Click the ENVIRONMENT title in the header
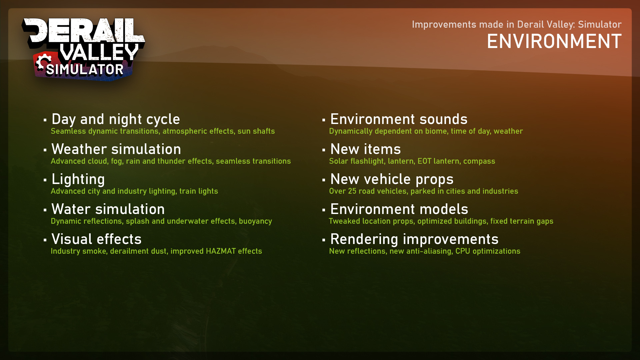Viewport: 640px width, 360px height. click(554, 41)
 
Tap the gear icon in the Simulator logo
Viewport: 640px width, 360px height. click(43, 62)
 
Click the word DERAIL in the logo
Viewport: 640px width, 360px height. click(83, 31)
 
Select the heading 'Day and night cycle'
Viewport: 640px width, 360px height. click(116, 119)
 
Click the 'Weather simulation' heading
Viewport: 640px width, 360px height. click(116, 149)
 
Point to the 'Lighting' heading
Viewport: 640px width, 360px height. click(78, 180)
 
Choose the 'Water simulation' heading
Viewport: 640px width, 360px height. click(108, 209)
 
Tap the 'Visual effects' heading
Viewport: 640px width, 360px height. click(97, 239)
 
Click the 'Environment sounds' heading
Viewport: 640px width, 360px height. click(399, 119)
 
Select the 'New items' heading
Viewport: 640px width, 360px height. click(366, 149)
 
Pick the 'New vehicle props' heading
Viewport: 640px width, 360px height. click(392, 179)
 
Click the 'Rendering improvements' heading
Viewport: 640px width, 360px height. click(414, 239)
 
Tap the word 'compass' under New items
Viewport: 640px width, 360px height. click(479, 161)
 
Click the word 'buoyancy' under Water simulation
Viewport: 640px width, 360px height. click(255, 221)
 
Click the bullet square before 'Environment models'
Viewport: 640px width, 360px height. click(324, 210)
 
